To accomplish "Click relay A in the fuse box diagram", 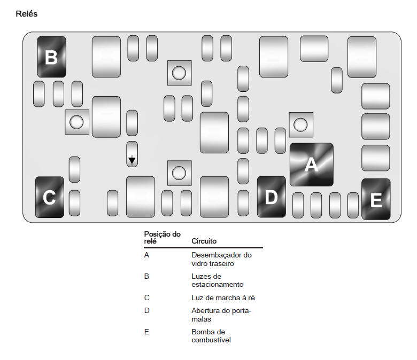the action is point(312,165).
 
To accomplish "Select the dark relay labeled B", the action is point(52,57).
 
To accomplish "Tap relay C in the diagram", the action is point(50,197).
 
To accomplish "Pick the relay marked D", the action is point(272,197).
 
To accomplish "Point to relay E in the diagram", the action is point(376,199).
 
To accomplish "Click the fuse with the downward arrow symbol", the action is point(132,154).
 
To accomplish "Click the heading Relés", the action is point(27,13).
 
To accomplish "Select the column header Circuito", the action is point(204,241).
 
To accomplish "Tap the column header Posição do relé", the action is point(162,238).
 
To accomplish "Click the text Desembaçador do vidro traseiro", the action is point(221,259).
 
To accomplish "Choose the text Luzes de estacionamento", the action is point(217,280).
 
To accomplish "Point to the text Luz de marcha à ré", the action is point(223,298).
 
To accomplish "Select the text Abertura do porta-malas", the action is point(221,315).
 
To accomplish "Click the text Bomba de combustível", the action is point(211,336).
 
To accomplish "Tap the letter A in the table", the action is point(146,255).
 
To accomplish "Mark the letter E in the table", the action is point(146,332).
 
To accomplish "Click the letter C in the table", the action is point(147,298).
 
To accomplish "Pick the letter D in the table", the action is point(147,310).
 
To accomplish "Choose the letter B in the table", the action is point(146,276).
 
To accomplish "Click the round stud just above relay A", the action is point(301,124).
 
